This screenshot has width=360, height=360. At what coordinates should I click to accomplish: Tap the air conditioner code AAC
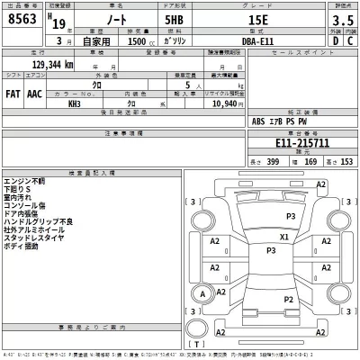tap(34, 92)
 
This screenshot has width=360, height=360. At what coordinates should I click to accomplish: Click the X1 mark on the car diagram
tap(284, 238)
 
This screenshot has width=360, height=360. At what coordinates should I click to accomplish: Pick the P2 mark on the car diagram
tap(288, 299)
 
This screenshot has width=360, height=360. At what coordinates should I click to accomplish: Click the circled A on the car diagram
tap(202, 292)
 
